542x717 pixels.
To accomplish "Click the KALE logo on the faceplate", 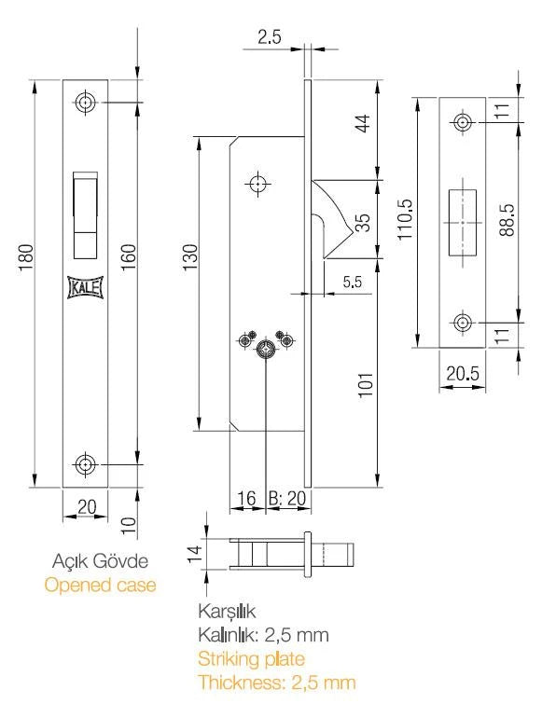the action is (85, 287).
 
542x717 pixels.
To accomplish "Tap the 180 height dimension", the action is (26, 257).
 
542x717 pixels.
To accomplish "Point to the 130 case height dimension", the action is (190, 257).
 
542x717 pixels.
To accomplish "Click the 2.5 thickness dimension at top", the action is (269, 37).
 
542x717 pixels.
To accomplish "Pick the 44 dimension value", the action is (363, 123).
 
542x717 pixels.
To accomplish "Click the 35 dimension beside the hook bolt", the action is (362, 223).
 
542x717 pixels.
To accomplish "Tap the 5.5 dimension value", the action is (353, 282).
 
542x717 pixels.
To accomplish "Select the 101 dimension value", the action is (366, 385).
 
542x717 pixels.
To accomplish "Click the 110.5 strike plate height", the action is (405, 219).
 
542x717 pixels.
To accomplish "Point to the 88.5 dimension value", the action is (507, 220).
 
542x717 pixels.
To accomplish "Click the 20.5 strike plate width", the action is (463, 374).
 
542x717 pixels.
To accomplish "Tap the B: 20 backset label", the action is (286, 498).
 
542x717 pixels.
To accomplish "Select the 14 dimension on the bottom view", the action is (194, 554).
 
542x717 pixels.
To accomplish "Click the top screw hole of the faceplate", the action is (85, 103).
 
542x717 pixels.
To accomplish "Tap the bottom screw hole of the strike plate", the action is (463, 323).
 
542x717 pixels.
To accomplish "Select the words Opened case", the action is (100, 585).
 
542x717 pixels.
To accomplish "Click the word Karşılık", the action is (227, 612).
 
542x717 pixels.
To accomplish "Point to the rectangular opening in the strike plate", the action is (463, 222).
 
